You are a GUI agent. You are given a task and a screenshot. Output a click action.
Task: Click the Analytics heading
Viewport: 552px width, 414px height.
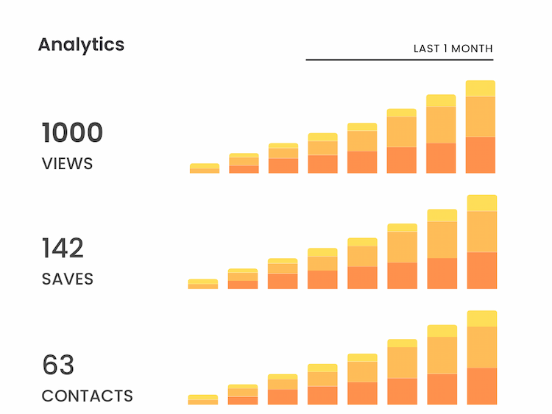pos(81,44)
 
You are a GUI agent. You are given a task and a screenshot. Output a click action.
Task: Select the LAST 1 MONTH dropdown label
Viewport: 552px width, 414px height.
pos(453,49)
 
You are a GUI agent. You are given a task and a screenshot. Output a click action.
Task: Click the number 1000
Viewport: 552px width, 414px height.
pos(72,133)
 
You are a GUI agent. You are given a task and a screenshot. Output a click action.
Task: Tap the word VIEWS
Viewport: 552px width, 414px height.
pos(68,163)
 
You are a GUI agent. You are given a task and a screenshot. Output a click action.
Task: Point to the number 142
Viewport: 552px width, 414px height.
pos(63,249)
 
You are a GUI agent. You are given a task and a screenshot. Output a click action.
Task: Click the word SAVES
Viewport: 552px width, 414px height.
pos(68,279)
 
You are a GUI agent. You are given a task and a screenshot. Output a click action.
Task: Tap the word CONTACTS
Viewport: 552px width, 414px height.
pos(88,396)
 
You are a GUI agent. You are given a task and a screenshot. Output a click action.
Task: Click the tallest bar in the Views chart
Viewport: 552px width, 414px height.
pos(481,129)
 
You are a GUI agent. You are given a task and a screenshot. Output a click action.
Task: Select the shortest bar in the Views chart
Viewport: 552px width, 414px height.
pos(204,168)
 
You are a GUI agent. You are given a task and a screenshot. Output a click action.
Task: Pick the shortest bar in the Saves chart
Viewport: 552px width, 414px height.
pos(202,284)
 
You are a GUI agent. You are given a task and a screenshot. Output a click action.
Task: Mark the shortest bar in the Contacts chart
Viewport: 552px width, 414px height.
pos(202,400)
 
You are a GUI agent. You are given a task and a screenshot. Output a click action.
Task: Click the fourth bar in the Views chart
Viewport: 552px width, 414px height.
pos(322,154)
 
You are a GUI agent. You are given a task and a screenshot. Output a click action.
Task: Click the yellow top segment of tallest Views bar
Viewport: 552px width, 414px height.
pos(481,88)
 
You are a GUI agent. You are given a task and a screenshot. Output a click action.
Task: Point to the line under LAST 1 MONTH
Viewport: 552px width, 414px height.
pos(399,60)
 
